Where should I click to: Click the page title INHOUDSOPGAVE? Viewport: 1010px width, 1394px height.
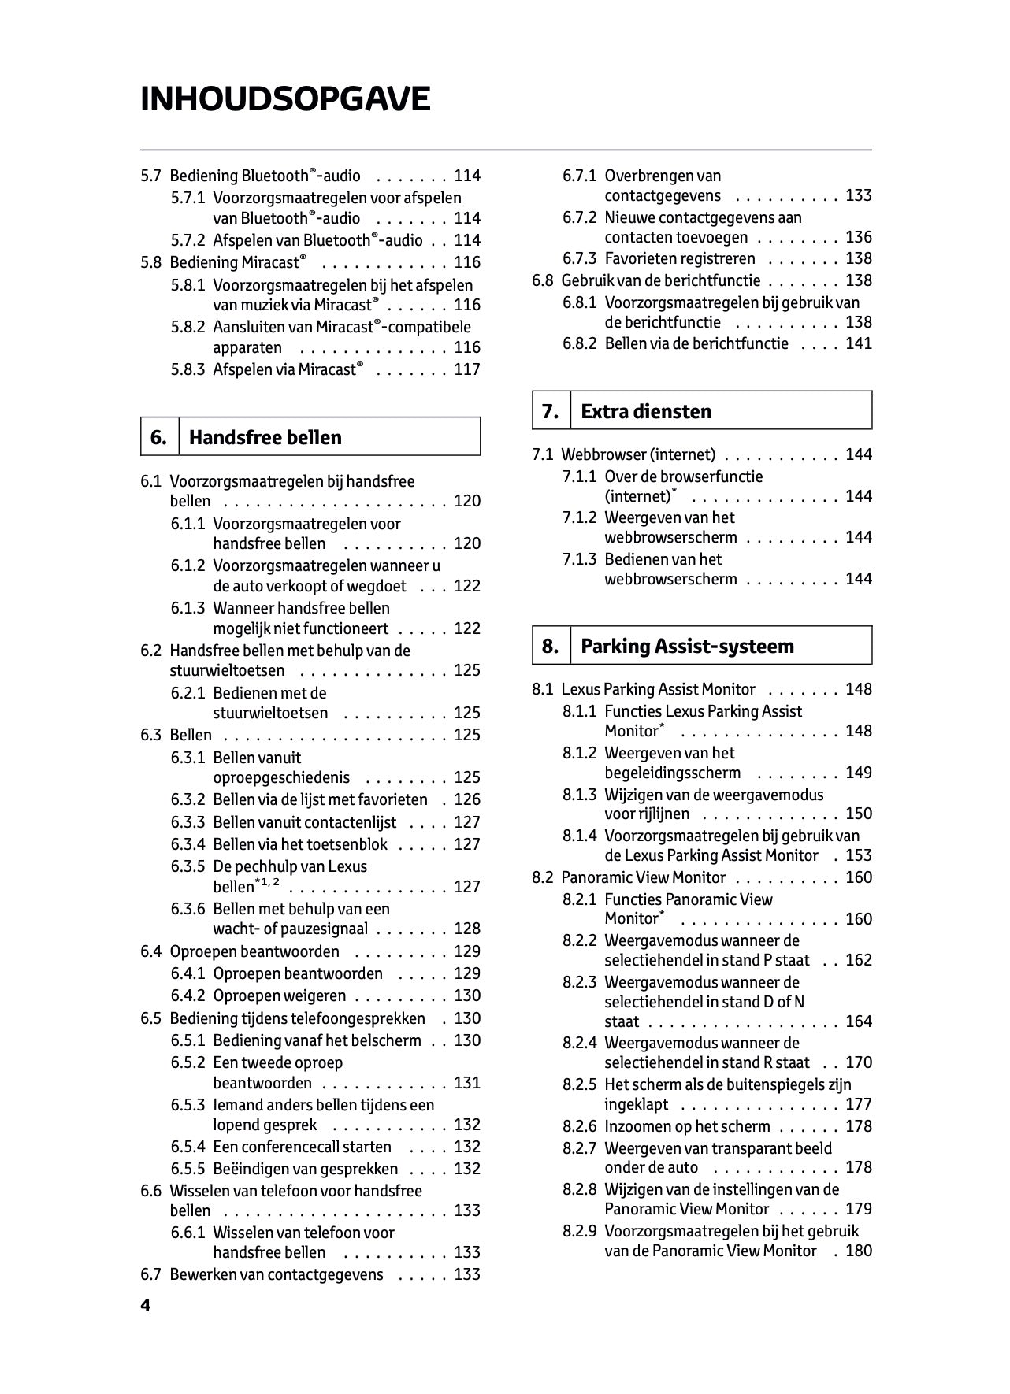click(x=285, y=100)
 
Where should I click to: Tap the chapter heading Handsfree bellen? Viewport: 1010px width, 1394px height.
click(x=265, y=438)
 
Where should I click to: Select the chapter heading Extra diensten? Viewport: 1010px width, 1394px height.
click(x=645, y=411)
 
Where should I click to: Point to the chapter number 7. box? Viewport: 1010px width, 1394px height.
click(x=550, y=411)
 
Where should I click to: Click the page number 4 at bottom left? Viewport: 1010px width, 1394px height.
click(x=145, y=1306)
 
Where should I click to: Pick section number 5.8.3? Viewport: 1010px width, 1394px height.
click(x=188, y=369)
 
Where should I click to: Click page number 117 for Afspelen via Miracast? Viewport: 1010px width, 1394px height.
click(x=467, y=369)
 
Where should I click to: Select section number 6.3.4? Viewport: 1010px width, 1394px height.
click(x=188, y=844)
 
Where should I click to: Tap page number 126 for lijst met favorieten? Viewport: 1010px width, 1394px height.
click(x=467, y=800)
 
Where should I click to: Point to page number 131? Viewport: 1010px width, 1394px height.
click(x=467, y=1083)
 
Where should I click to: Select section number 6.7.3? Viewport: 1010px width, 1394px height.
click(x=579, y=259)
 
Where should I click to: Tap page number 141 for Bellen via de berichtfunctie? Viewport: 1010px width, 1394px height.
click(x=859, y=343)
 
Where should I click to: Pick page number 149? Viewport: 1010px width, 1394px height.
click(x=859, y=773)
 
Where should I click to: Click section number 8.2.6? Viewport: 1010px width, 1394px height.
click(x=579, y=1126)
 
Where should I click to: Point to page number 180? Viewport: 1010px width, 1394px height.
click(x=859, y=1251)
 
